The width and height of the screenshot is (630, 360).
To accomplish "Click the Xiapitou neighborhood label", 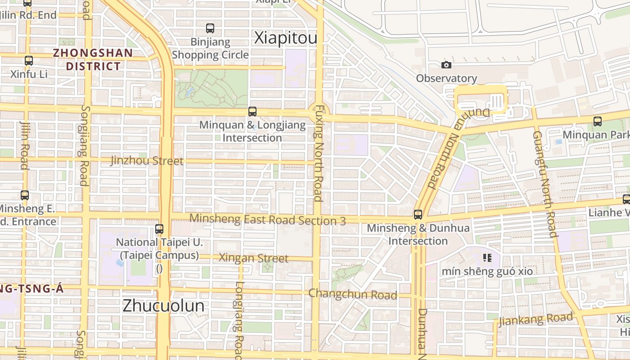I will coord(286,38).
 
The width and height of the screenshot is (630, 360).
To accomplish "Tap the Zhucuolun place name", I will coord(163,306).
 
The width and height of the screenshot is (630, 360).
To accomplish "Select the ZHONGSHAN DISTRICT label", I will coord(93,59).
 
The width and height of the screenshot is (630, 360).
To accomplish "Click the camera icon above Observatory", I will coord(446,65).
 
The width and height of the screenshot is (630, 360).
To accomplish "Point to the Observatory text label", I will coord(446,78).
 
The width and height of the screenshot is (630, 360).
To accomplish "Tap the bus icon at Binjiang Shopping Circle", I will coord(210,28).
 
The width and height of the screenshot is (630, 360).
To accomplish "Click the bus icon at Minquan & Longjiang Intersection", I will coord(252,111).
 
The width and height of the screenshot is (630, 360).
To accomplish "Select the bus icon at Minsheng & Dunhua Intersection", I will coord(418,215).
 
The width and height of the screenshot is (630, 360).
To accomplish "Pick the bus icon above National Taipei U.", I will coord(159,229).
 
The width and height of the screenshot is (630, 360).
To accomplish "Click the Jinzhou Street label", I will coord(147,161).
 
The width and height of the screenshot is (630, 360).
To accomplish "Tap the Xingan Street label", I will coord(253,258).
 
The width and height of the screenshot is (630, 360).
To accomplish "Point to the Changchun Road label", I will coord(352,295).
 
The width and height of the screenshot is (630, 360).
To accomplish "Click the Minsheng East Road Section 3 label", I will coord(267,220).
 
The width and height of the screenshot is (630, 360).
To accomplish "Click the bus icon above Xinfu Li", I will coord(29,60).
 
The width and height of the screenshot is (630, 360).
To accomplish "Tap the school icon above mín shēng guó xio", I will coord(487,258).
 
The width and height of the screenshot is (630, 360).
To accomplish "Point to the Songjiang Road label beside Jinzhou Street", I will coord(84,145).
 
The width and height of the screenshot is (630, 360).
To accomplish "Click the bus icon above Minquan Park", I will coord(598,121).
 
